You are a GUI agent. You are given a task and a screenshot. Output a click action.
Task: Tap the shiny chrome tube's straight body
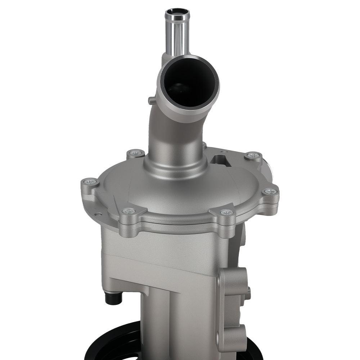pyautogui.click(x=177, y=36)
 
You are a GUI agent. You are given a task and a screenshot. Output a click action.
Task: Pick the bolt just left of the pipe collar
pyautogui.click(x=136, y=153)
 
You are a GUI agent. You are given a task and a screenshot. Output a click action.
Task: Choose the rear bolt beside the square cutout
pyautogui.click(x=253, y=156)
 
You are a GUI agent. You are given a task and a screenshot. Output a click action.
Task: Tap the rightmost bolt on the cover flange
pyautogui.click(x=270, y=192)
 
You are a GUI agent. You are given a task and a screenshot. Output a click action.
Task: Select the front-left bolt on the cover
pyautogui.click(x=129, y=211)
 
